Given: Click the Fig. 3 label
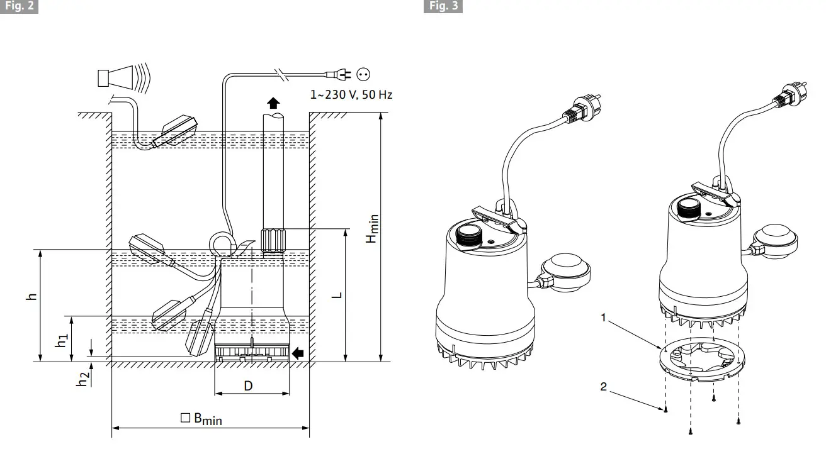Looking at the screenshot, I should [444, 7].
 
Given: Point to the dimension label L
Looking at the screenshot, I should [337, 294].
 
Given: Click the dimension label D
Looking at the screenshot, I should [248, 385].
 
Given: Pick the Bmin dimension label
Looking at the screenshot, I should [201, 419].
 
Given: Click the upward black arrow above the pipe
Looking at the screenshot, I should [273, 102].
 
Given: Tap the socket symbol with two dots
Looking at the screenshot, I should [363, 74].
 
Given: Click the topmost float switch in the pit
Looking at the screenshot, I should [178, 130].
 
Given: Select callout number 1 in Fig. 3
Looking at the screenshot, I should [603, 318].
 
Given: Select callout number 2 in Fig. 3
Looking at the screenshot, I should [603, 387].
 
